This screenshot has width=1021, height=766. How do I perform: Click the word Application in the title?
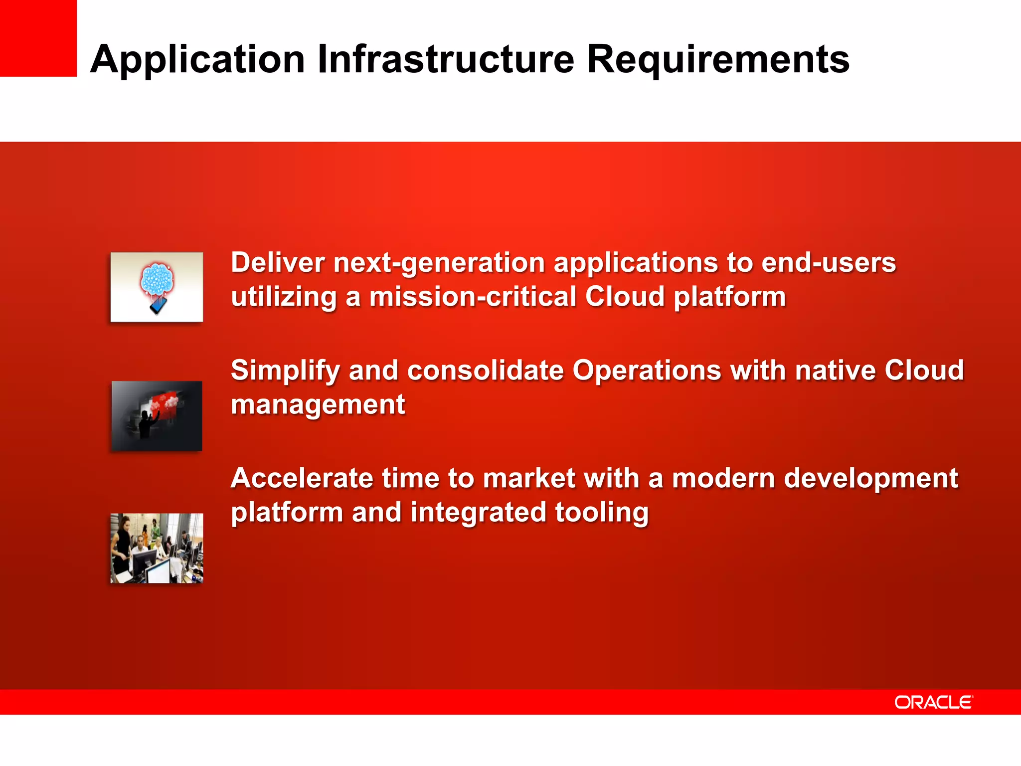[x=197, y=60]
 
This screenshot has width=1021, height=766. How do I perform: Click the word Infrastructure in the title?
[x=446, y=60]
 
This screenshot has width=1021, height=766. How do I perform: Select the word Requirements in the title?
[x=718, y=60]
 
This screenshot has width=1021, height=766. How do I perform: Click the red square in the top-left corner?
[x=38, y=38]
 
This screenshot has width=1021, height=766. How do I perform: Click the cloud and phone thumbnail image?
[x=157, y=287]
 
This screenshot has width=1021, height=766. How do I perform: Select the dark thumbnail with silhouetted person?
[x=157, y=416]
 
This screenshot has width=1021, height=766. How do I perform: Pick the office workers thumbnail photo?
[x=157, y=548]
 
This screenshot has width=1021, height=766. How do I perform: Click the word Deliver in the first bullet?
[x=277, y=262]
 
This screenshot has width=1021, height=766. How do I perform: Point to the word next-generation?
[x=439, y=263]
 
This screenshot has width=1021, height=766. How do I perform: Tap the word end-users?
[x=829, y=262]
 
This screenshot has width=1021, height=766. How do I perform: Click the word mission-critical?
[x=473, y=297]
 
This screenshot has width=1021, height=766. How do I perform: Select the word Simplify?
[x=285, y=371]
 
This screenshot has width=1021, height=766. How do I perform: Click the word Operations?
[x=646, y=371]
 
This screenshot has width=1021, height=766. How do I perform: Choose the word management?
[x=318, y=405]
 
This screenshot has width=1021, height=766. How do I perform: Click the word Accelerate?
[x=302, y=478]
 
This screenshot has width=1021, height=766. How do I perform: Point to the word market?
[x=529, y=478]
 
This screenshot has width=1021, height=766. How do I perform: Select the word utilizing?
[x=284, y=297]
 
